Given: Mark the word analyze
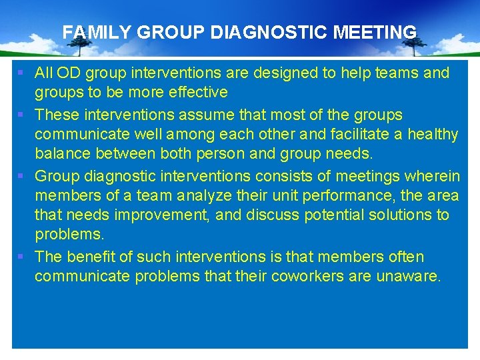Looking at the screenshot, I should [x=224, y=195].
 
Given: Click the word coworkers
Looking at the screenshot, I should [x=308, y=277].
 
